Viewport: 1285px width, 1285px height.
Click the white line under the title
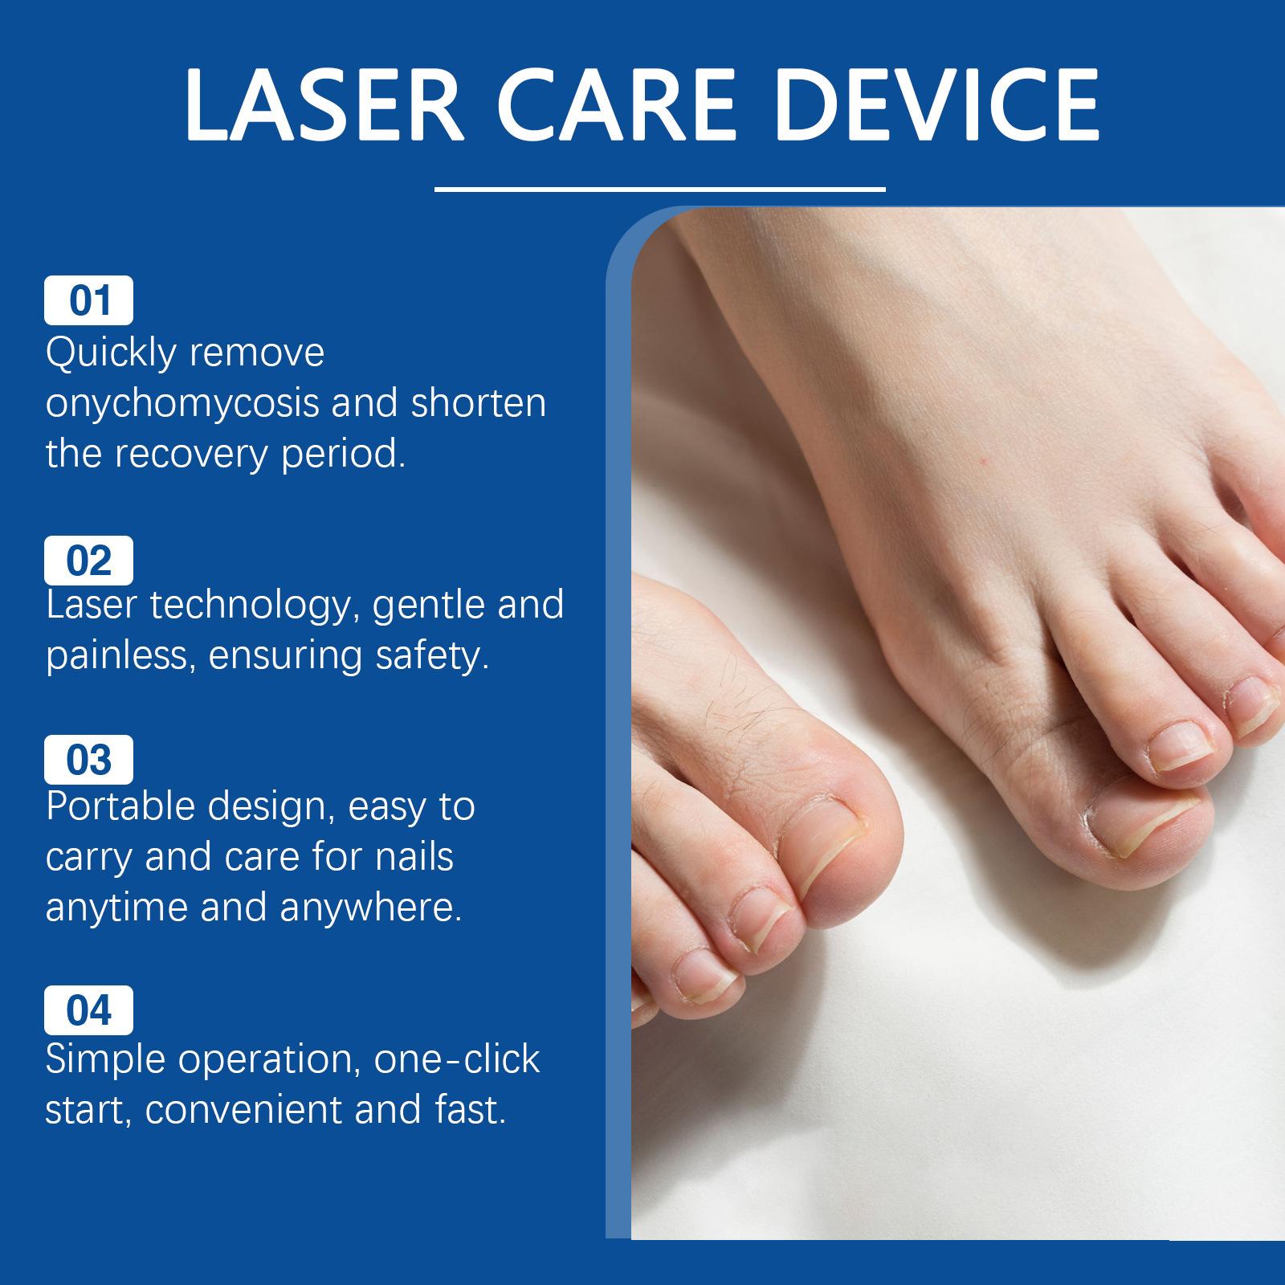(659, 190)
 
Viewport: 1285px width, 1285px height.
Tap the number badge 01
(88, 300)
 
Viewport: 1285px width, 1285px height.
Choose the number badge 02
(88, 560)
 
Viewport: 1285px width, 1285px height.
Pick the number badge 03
(88, 759)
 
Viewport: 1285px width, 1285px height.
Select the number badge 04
(88, 1010)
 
